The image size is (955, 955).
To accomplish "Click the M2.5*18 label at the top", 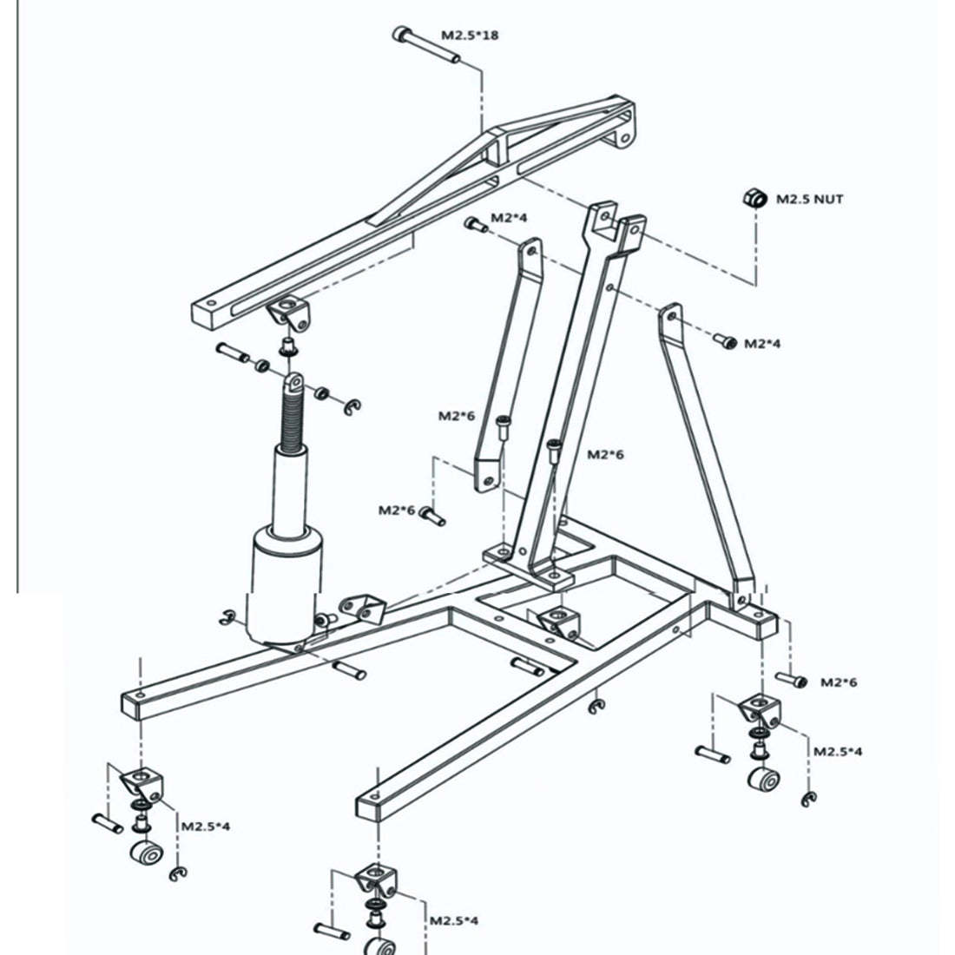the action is point(470,35).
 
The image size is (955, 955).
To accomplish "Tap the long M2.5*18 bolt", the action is point(426,44).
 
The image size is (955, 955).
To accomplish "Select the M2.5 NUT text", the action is point(809,199).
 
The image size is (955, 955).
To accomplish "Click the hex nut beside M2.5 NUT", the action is point(754,198).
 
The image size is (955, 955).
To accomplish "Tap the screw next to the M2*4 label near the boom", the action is point(477,225).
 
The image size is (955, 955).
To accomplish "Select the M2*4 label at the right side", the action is point(762,344).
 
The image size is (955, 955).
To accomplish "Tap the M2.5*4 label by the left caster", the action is point(205,827).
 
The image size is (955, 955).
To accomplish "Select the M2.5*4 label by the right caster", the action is point(838,752).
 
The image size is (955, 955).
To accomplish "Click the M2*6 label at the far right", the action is point(839,682).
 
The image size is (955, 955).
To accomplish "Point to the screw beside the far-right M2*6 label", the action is point(791,679).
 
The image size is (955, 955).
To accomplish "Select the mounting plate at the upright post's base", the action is point(529,566).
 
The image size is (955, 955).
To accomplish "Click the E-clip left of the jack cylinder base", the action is point(227,617).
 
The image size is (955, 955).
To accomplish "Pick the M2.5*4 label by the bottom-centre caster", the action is point(454,920).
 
